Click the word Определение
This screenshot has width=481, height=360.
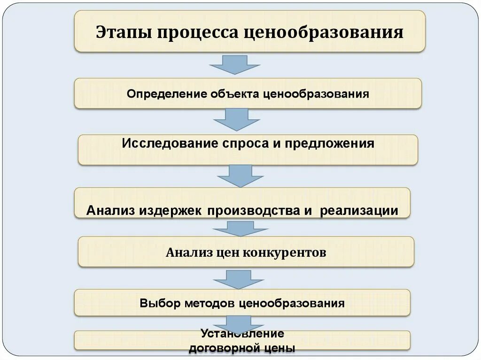pyautogui.click(x=167, y=94)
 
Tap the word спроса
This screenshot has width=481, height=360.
pyautogui.click(x=242, y=143)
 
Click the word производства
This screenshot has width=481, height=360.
pyautogui.click(x=250, y=211)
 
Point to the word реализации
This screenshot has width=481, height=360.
pyautogui.click(x=359, y=211)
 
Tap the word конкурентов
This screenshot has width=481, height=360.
pyautogui.click(x=285, y=253)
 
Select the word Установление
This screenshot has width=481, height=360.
pyautogui.click(x=242, y=334)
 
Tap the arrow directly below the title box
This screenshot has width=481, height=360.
pyautogui.click(x=234, y=64)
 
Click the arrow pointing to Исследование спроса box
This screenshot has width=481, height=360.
pyautogui.click(x=237, y=119)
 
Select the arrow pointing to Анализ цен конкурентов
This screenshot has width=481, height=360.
pyautogui.click(x=240, y=229)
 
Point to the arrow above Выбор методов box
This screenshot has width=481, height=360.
pyautogui.click(x=238, y=279)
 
